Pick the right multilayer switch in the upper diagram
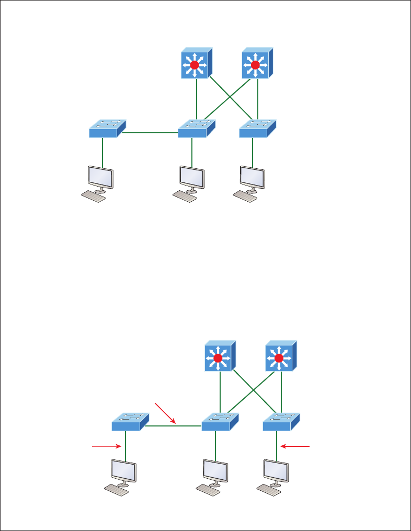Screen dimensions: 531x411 tap(256, 64)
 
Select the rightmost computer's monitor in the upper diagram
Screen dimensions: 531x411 tap(252, 178)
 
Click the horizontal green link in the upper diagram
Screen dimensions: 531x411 tap(150, 133)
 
